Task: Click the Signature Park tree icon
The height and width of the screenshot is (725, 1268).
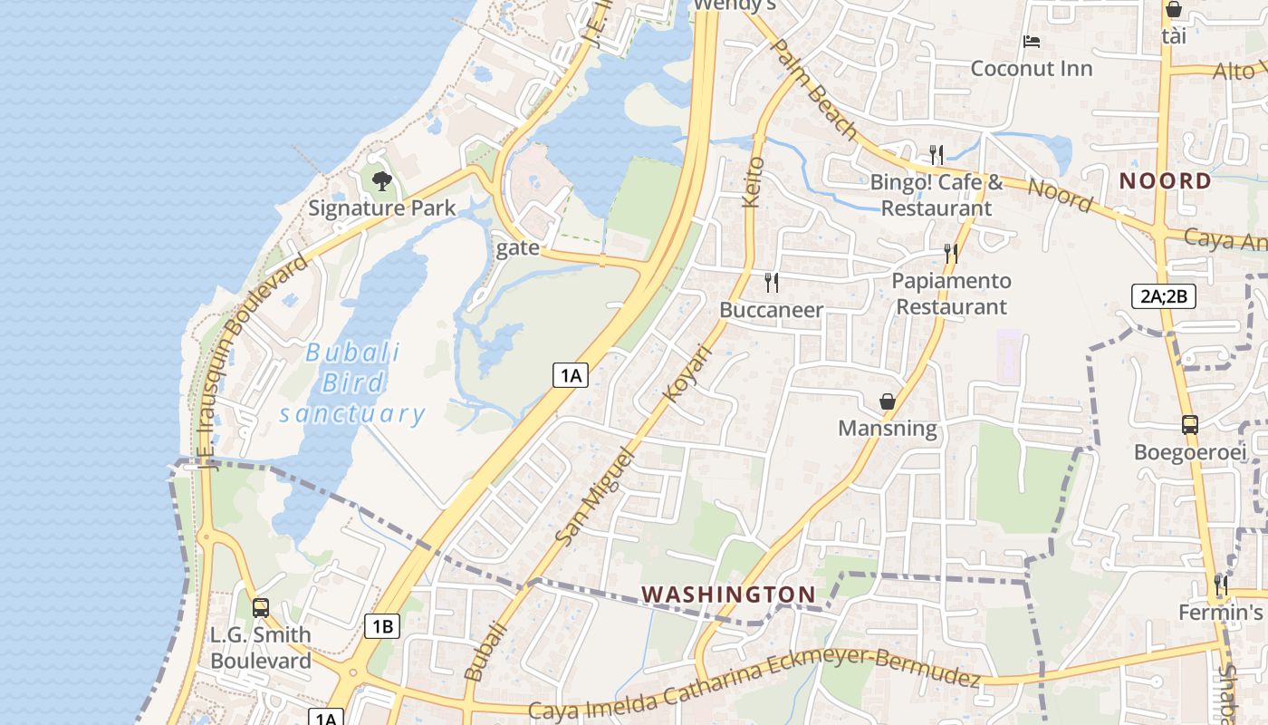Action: coord(381,180)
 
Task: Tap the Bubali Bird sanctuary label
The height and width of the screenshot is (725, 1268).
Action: coord(352,383)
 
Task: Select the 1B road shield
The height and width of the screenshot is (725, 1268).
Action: coord(382,625)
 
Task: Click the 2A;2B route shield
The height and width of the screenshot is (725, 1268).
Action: coord(1164,295)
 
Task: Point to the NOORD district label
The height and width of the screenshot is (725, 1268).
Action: coord(1165,180)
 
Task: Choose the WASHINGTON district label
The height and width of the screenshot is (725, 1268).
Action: coord(728,594)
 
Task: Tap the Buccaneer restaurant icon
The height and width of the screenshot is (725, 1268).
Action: coord(772,282)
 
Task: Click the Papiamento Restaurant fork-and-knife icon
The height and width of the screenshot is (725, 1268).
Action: coord(951,253)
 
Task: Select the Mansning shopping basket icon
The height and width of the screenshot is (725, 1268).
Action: coord(888,401)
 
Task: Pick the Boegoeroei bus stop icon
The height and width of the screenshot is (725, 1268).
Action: coord(1190,424)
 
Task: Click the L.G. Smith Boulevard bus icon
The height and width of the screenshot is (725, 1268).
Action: coord(261,607)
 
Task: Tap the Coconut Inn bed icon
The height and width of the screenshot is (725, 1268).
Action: coord(1031,41)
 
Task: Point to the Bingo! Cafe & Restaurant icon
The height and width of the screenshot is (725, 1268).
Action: coord(937,154)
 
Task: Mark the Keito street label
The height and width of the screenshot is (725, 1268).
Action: coord(754,182)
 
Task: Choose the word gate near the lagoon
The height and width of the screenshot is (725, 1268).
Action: coord(518,247)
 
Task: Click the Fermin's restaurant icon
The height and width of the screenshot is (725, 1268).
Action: coord(1221,585)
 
